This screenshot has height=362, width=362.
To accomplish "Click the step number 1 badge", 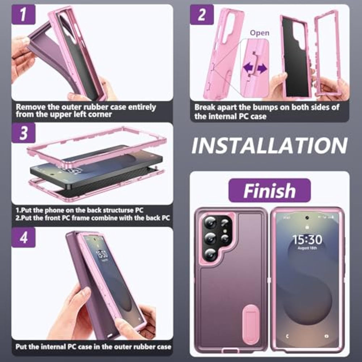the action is pos(23,14).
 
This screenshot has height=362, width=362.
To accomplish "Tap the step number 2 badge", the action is pos(202,14).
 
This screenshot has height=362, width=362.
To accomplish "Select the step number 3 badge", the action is pos(23,133).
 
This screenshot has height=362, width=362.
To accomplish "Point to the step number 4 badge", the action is pos(23,237).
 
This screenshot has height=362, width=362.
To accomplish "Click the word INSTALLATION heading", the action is pos(269,146).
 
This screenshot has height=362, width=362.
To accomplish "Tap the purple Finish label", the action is pos(269,190).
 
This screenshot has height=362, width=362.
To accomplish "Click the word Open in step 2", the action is pos(260,33).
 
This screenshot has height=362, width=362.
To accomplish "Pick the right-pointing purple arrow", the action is pos(262,68).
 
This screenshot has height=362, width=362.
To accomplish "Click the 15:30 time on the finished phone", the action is pos(307,240).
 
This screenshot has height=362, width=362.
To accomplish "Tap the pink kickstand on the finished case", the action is pos(251,324).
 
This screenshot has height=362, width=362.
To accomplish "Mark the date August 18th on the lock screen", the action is pos(307,248).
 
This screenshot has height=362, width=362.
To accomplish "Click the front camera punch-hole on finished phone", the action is pos(307,218).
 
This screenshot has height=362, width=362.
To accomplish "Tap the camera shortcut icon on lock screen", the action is pos(326,336).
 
